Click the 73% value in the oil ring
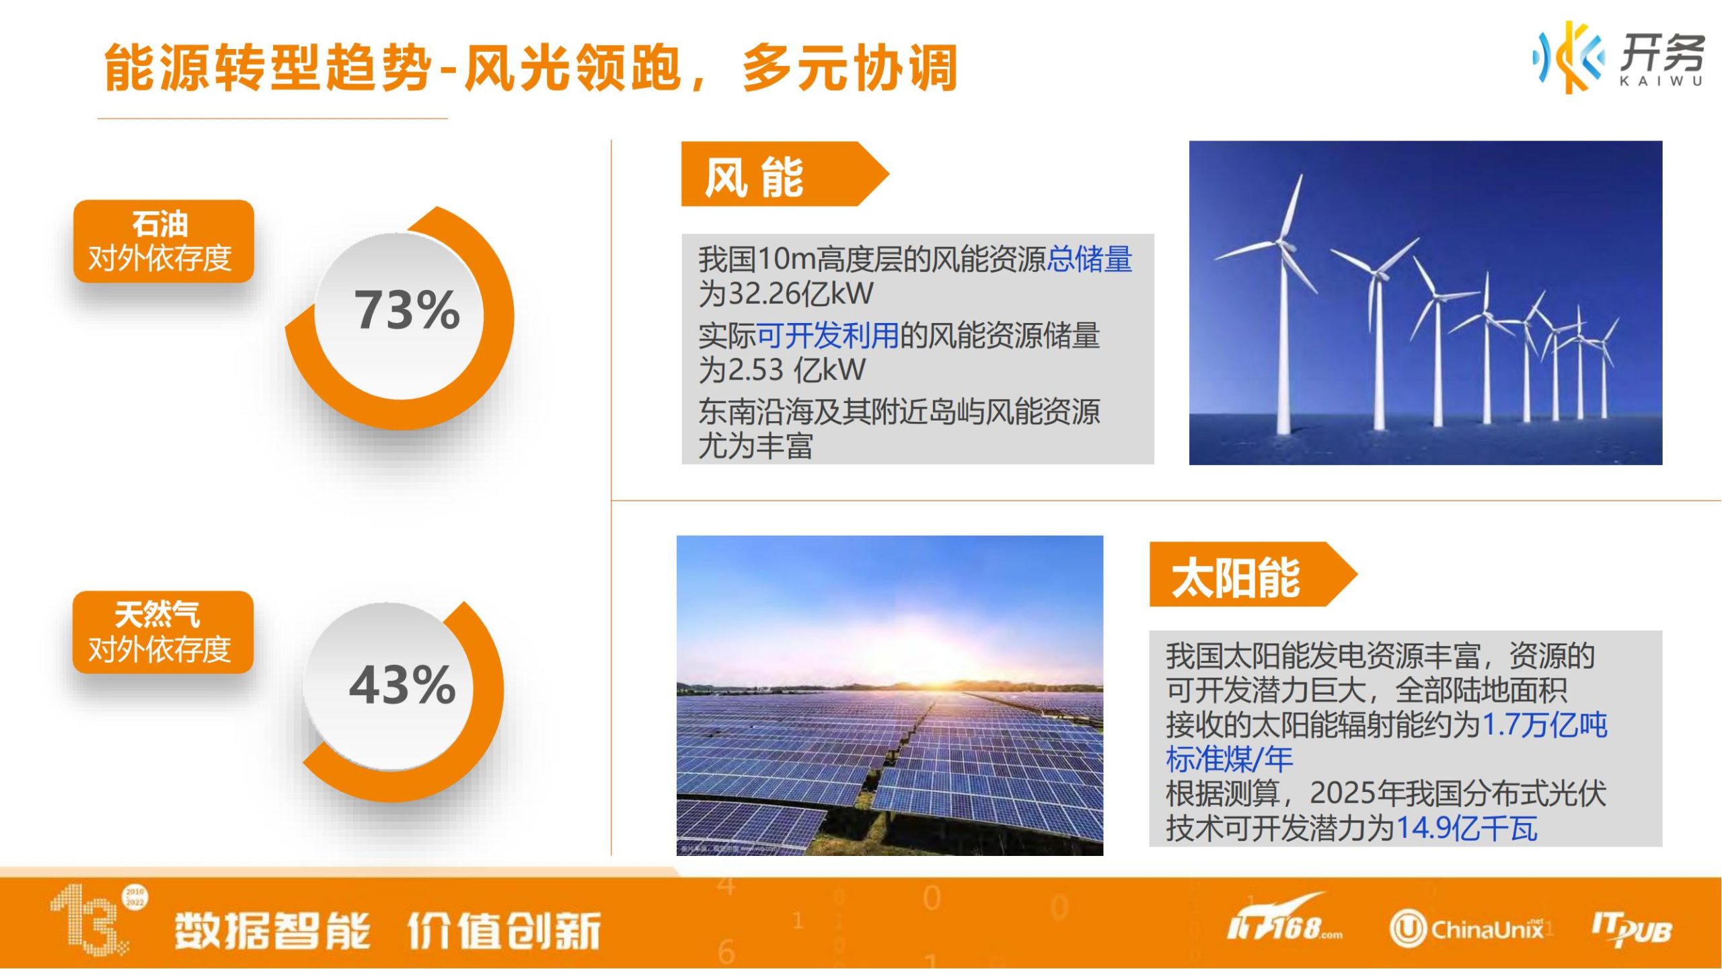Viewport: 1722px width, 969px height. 407,310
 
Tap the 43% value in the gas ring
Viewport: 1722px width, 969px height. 402,685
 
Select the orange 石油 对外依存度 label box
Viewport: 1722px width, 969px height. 163,241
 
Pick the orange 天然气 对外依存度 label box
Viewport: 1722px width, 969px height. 163,632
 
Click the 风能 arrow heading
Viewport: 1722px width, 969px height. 784,174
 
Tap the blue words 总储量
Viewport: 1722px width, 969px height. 1090,259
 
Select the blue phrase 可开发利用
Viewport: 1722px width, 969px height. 828,335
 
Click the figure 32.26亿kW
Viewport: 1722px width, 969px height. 801,293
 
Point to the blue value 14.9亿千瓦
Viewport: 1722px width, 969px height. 1467,828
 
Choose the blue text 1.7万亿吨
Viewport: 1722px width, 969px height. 1544,725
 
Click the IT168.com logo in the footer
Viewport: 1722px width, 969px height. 1284,920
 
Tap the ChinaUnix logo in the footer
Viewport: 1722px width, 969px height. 1466,929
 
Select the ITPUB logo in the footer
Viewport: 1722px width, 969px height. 1631,929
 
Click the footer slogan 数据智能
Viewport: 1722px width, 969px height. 272,931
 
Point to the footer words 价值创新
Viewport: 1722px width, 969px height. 504,931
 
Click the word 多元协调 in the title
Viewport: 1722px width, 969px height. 850,68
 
